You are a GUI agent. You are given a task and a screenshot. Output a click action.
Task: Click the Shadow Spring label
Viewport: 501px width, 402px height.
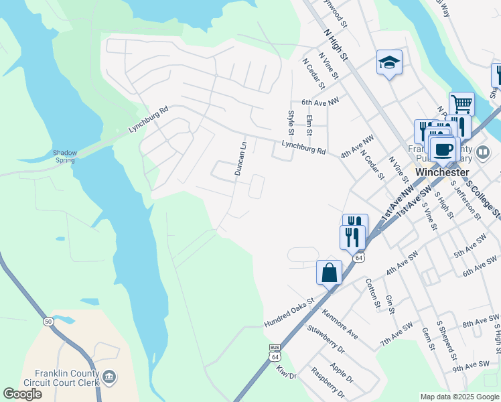[x=65, y=157]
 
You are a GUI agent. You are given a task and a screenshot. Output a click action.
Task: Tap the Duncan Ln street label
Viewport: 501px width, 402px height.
[x=240, y=158]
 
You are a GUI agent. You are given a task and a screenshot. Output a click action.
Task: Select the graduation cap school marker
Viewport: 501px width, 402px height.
[x=389, y=63]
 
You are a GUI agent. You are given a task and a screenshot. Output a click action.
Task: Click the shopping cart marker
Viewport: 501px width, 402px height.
[x=461, y=104]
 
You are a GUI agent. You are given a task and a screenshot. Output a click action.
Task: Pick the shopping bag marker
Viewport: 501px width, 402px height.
[x=329, y=273]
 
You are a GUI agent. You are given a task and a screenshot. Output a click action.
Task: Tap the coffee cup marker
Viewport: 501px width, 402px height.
[x=442, y=148]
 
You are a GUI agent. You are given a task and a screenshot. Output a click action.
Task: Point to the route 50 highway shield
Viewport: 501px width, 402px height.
[x=47, y=320]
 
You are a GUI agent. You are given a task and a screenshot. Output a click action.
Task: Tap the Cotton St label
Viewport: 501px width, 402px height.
[x=372, y=292]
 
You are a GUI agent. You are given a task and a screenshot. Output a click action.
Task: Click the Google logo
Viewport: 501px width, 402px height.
[x=23, y=394]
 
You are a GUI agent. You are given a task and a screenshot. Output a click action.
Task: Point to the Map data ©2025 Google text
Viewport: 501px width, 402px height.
[x=459, y=397]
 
